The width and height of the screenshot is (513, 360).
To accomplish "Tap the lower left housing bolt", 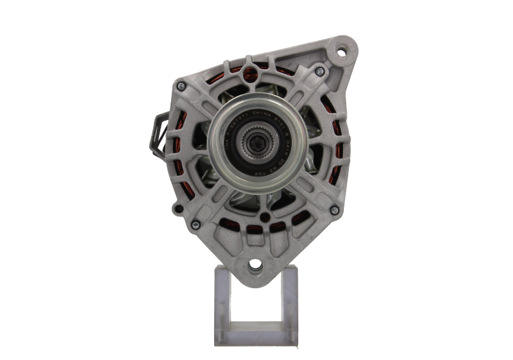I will [x=194, y=224].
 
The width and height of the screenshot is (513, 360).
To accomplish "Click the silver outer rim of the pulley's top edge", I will [x=256, y=97].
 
